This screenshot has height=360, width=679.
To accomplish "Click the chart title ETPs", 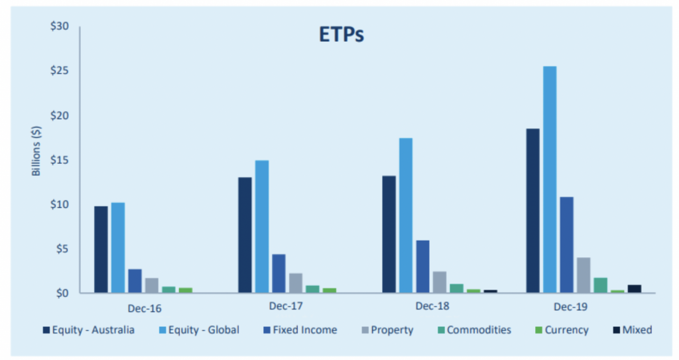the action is pos(341,34).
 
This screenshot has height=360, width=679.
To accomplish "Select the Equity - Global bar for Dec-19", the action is pos(550,180).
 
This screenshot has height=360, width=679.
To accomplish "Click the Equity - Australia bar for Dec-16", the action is pos(101,249).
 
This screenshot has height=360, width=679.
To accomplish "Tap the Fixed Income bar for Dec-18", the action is pos(422,267).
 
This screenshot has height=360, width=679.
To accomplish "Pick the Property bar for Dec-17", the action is pos(296,283).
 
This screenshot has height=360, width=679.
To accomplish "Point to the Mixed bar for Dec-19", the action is pos(635,289).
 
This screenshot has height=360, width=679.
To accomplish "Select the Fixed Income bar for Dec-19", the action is pos(567,245).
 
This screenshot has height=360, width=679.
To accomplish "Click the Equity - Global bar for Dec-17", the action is pos(262,227).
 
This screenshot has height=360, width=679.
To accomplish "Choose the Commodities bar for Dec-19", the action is pos(601,286).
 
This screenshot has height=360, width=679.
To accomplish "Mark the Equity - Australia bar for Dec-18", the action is pos(389,235).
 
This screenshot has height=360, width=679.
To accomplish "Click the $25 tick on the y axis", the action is pos(59,70).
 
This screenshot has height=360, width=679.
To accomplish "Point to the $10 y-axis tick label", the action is pos(59,204).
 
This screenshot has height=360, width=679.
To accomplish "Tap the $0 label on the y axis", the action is pos(62,293).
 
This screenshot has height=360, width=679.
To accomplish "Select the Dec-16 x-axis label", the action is pos(145,308).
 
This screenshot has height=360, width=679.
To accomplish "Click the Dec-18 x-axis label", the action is pos(432,306).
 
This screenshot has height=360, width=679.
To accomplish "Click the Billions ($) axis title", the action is pos(36,150).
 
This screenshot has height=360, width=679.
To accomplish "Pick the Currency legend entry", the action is pos(562,330).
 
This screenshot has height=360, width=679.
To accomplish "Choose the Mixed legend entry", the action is pos(633,330).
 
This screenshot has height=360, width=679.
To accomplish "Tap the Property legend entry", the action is pos(387,330).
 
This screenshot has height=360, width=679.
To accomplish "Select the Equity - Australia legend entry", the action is pos(89,330).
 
